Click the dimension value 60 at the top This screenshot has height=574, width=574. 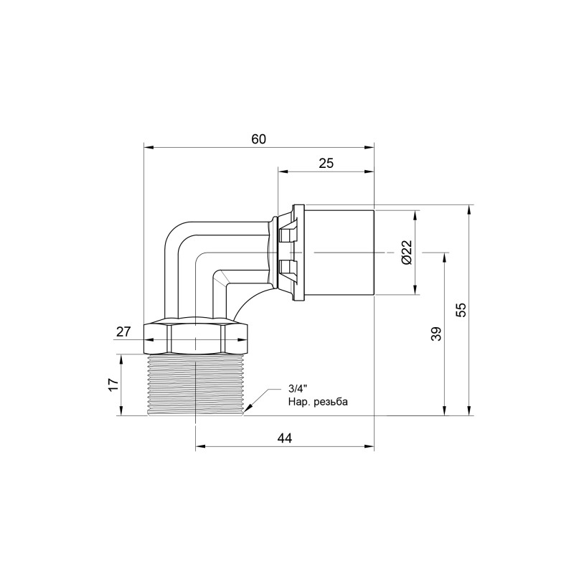[259, 140]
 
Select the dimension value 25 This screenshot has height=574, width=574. [326, 164]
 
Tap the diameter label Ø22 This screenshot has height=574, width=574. [405, 252]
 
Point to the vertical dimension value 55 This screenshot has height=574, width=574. [461, 309]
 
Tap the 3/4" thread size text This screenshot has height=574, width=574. [297, 390]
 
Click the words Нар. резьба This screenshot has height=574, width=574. [317, 402]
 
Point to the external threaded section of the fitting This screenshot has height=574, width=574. [195, 385]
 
